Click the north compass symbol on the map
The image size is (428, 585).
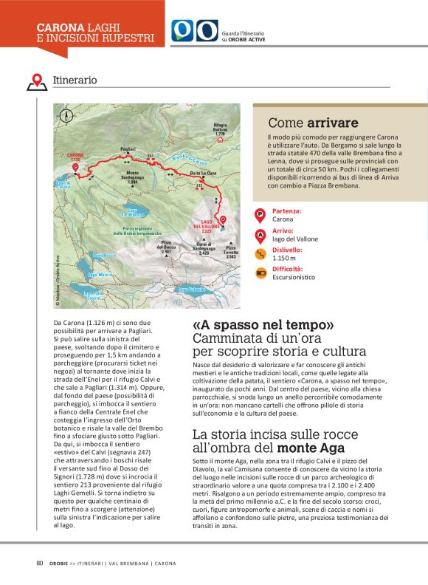[x=67, y=115]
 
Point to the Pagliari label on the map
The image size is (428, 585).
[x=128, y=149]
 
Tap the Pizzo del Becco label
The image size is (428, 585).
[x=167, y=247]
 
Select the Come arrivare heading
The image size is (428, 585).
[x=313, y=123]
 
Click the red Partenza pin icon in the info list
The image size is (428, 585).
[x=260, y=215]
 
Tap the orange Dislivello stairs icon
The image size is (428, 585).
[x=260, y=254]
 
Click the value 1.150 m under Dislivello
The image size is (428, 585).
[x=284, y=258]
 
